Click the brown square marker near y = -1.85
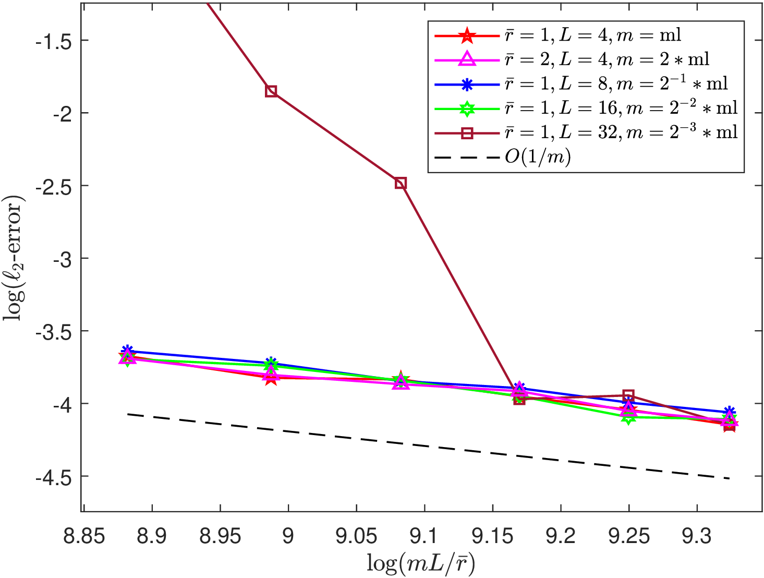point(271,91)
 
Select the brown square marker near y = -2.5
point(401,183)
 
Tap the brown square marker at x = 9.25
point(628,395)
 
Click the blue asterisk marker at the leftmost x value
point(127,350)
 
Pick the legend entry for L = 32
point(586,133)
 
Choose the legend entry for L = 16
point(586,109)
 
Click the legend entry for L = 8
point(581,84)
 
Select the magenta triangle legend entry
point(572,59)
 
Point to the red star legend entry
point(558,35)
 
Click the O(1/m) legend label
point(538,158)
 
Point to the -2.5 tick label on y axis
point(54,186)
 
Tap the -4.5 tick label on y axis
point(54,476)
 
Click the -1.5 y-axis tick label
point(54,40)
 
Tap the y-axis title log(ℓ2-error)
point(14,258)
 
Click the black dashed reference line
point(428,447)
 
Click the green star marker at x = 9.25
point(628,417)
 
